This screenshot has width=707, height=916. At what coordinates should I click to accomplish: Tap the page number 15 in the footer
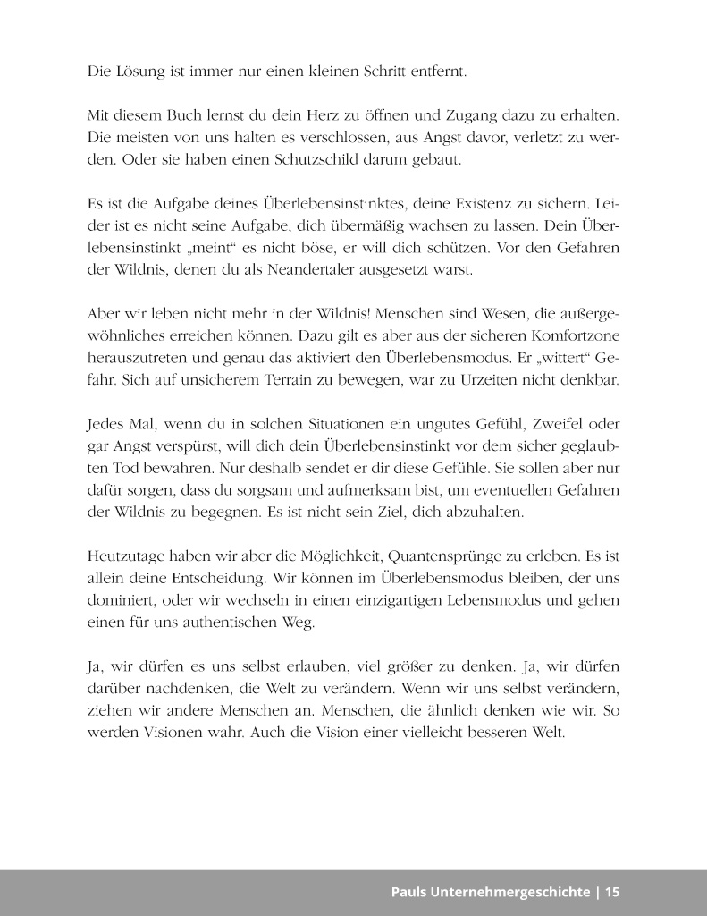tap(612, 892)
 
